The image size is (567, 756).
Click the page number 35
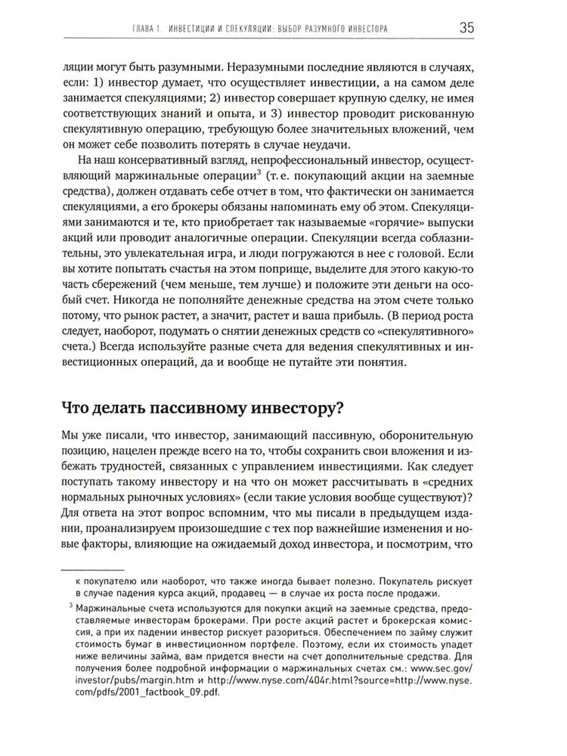tap(466, 29)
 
